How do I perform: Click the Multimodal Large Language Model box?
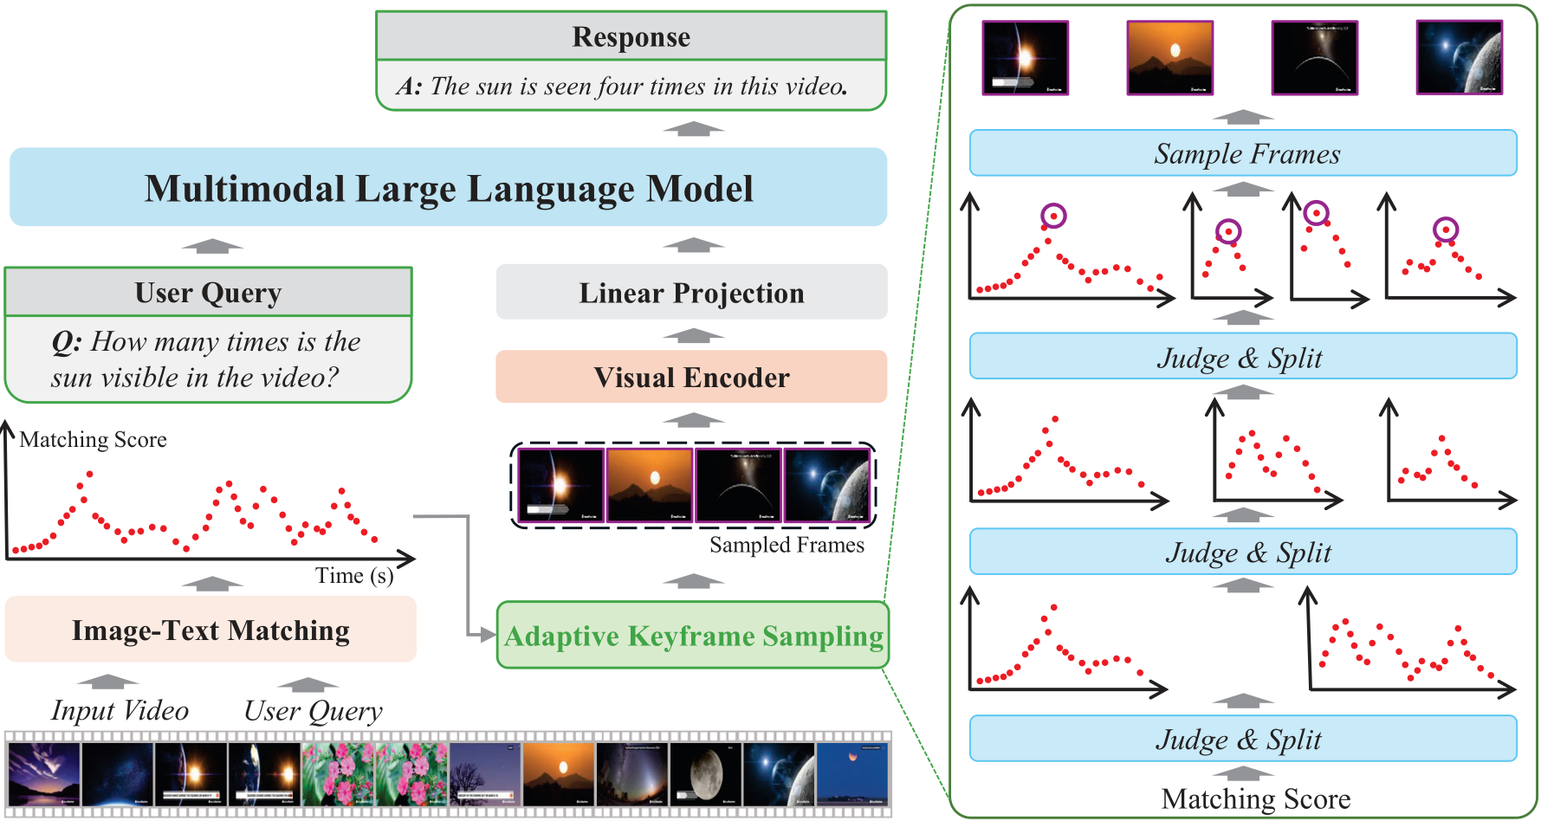pos(449,188)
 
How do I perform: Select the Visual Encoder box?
pos(691,377)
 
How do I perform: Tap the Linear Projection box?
pos(691,293)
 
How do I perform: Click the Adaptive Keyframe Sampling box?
pos(693,636)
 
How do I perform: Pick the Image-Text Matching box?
pos(210,630)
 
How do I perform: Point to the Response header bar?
pos(631,36)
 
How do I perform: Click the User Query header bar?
pos(208,293)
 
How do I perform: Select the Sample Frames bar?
pos(1243,154)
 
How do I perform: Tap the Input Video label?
pos(120,710)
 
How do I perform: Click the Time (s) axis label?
pos(353,576)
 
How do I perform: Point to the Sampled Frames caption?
pos(787,545)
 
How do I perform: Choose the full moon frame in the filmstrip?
pos(705,773)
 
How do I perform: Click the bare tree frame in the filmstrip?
pos(484,773)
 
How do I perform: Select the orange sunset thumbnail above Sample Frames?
pos(1169,57)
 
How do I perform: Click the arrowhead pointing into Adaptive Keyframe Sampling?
pos(488,635)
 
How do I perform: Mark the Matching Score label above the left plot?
pos(93,440)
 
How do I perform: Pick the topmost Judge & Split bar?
pos(1243,357)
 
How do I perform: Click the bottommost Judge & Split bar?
pos(1243,739)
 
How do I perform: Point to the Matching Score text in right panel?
pos(1255,798)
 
